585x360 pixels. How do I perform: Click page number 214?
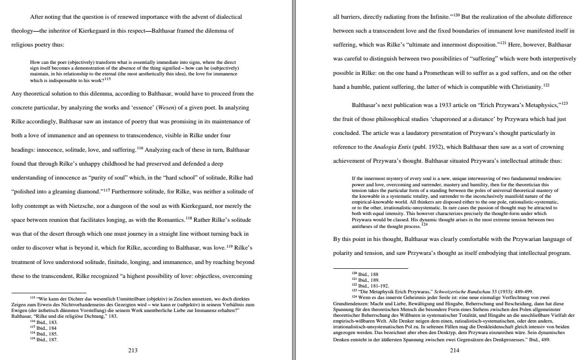(454, 350)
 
